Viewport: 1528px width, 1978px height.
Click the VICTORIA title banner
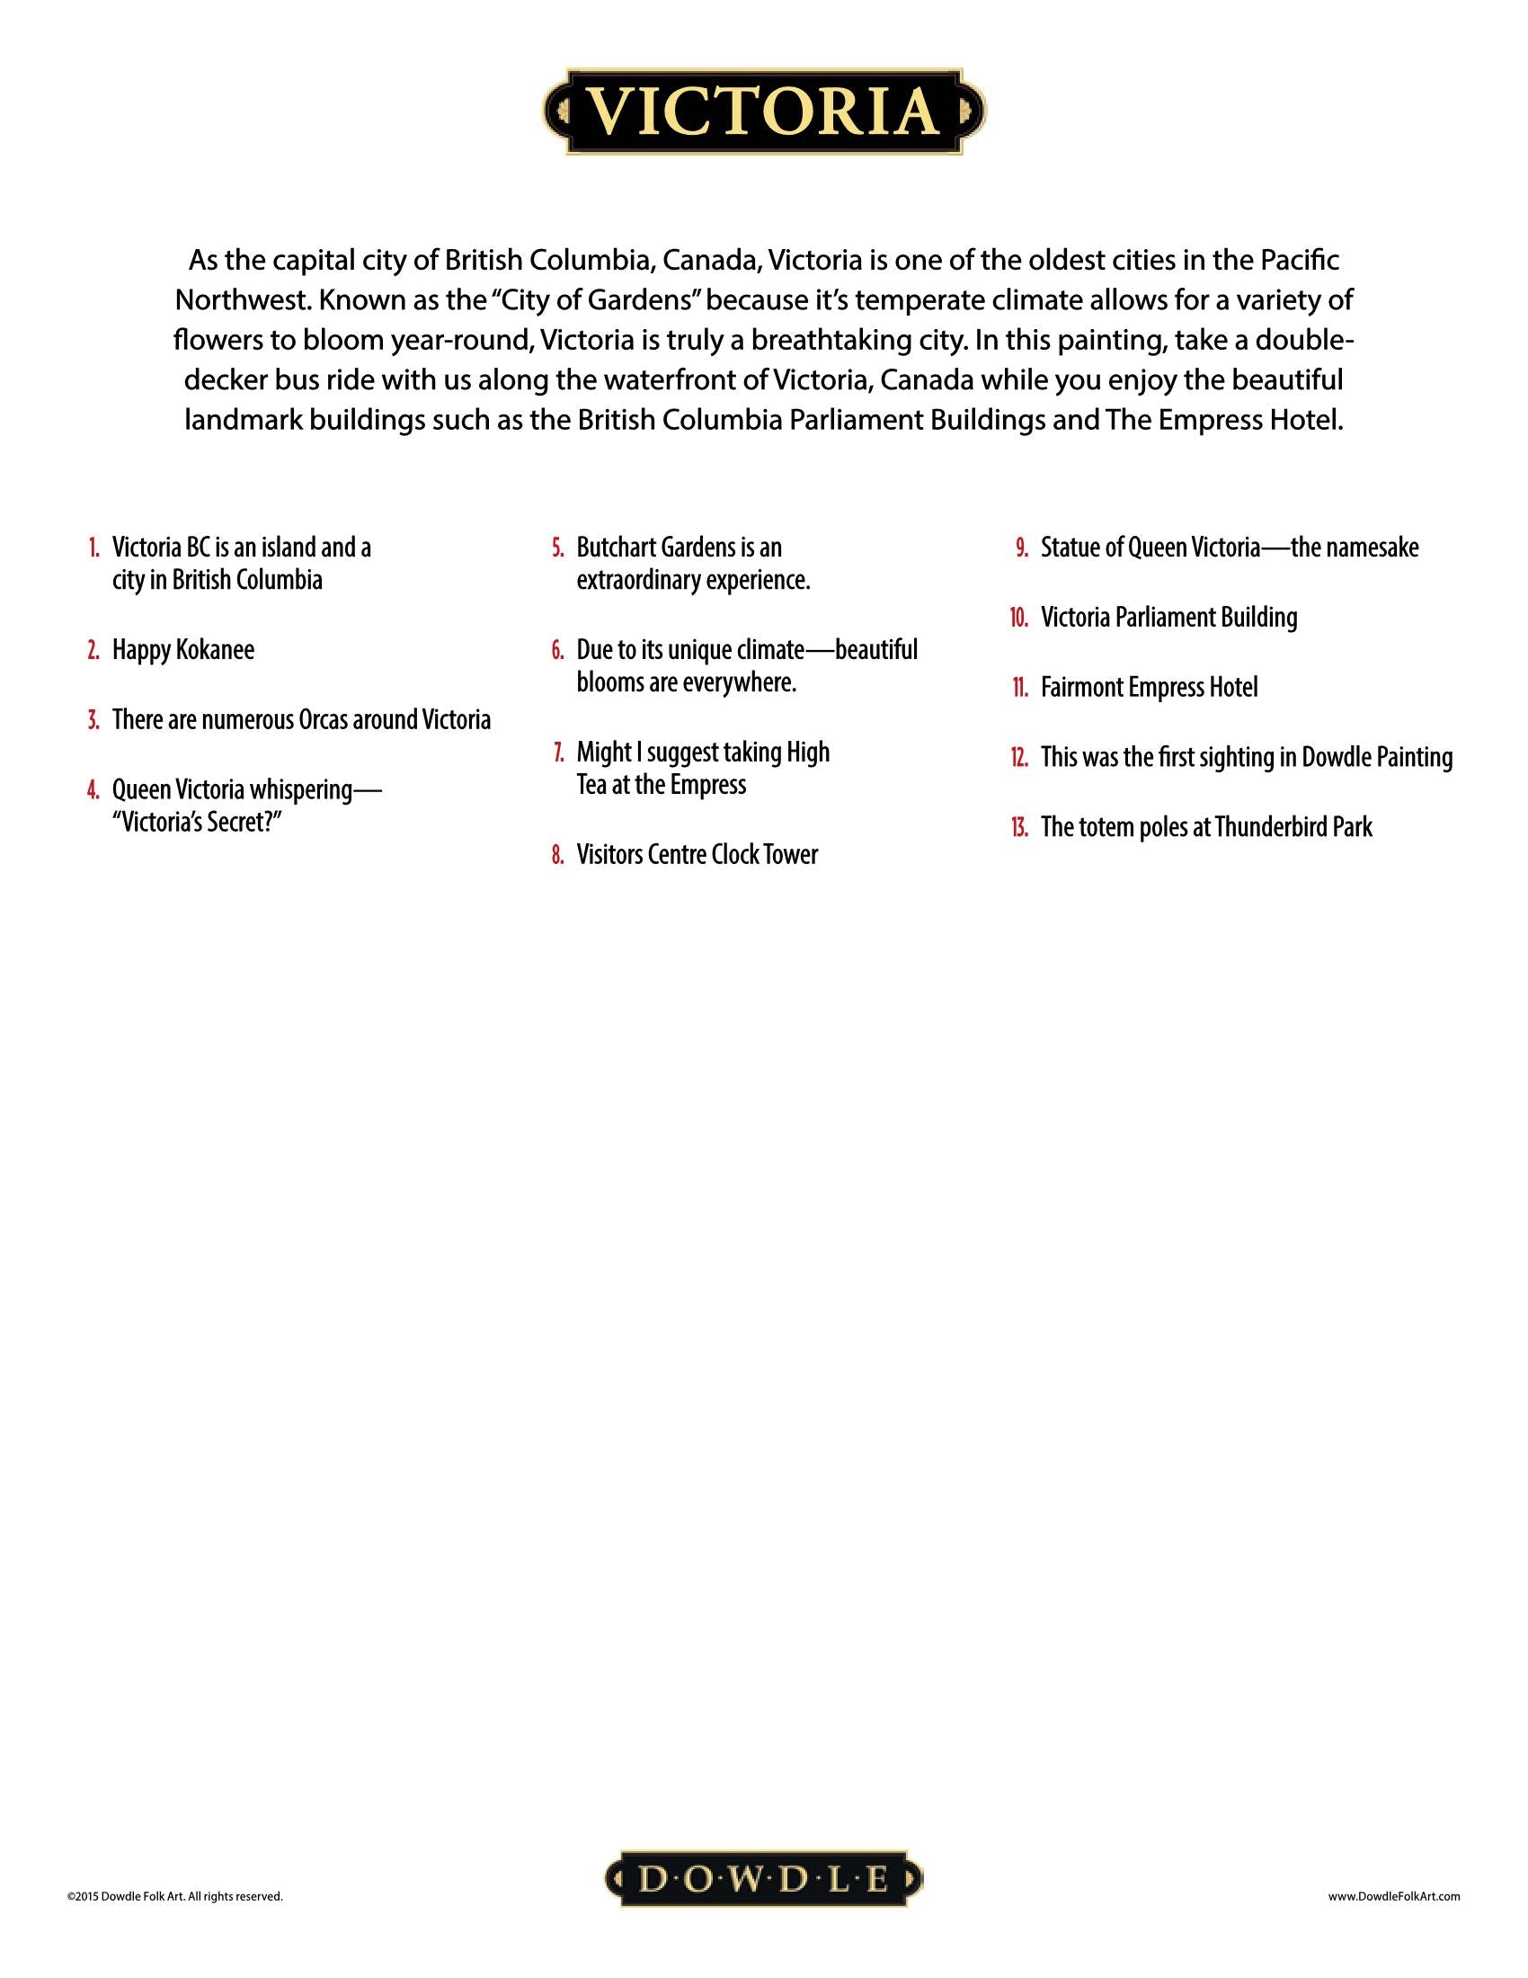coord(764,111)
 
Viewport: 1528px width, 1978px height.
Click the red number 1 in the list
coord(94,548)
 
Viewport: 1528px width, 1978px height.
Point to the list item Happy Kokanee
coord(182,650)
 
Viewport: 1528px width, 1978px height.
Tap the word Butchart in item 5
coord(616,548)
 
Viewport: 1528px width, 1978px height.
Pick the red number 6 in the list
coord(557,650)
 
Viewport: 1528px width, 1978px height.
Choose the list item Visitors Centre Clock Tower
coord(696,855)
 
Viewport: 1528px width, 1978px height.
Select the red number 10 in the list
coord(1019,618)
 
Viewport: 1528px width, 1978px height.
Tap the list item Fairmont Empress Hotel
coord(1149,688)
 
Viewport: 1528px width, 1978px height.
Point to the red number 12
coord(1019,757)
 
